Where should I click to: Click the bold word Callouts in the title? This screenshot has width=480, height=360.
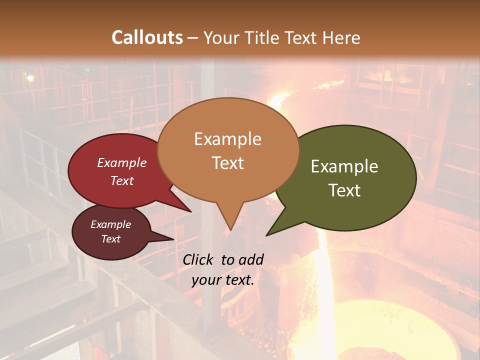[x=147, y=37]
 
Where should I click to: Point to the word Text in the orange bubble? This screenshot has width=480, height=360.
[x=228, y=162]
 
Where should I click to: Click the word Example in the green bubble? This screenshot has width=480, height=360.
[x=344, y=166]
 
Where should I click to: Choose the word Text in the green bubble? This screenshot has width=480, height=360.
[x=344, y=190]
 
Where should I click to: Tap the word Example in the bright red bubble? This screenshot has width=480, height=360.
[x=122, y=162]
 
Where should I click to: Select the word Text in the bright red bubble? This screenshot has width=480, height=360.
[x=122, y=180]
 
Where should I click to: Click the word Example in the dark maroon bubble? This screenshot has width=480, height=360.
[x=110, y=224]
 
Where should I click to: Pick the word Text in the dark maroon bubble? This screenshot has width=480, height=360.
[x=110, y=239]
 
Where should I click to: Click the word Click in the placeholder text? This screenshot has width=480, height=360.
[x=198, y=259]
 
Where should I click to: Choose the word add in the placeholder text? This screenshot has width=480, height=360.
[x=251, y=259]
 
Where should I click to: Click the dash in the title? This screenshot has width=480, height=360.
[x=192, y=37]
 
